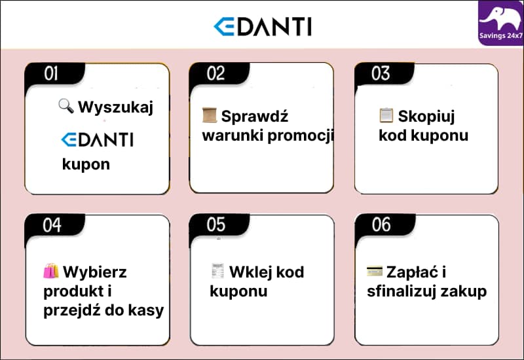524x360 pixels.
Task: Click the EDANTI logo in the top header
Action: coord(262,26)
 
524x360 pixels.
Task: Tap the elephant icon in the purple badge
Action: coord(501,16)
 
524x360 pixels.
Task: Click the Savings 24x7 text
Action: coord(501,36)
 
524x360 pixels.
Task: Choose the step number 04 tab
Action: coord(52,225)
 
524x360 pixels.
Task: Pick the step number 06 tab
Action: coord(381,225)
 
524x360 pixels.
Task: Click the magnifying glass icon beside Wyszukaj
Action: coord(66,106)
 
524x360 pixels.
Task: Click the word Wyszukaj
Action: coord(115,107)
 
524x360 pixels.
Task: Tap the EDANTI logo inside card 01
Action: coord(97,139)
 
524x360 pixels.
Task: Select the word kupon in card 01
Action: coord(86,164)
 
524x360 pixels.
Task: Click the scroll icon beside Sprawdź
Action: coord(210,116)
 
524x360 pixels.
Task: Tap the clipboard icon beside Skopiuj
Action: coord(386,116)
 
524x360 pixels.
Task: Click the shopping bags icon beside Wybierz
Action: coord(51,271)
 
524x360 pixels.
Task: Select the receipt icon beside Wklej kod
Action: coord(218,271)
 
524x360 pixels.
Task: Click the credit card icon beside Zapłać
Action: coord(375,271)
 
